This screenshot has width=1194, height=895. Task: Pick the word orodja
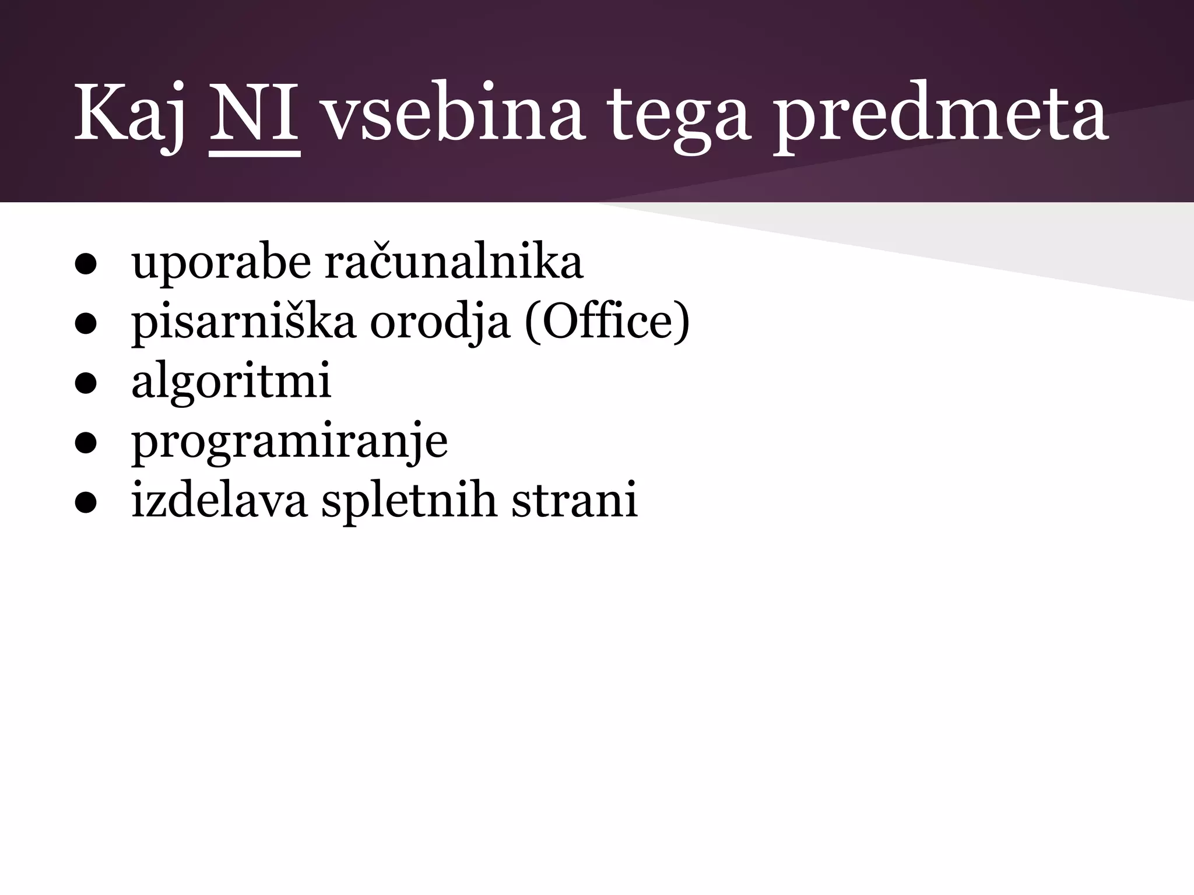pos(440,323)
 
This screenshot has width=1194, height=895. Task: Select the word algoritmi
pos(231,382)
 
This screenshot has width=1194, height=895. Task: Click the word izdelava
pos(219,500)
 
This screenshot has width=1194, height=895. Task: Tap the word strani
pos(574,500)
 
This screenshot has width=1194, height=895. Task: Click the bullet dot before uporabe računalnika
pos(85,266)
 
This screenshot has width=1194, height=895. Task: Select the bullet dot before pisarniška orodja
pos(85,326)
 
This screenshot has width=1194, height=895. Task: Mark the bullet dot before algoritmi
pos(85,385)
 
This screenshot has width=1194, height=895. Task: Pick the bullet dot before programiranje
pos(85,445)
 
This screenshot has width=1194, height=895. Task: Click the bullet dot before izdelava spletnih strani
pos(85,504)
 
